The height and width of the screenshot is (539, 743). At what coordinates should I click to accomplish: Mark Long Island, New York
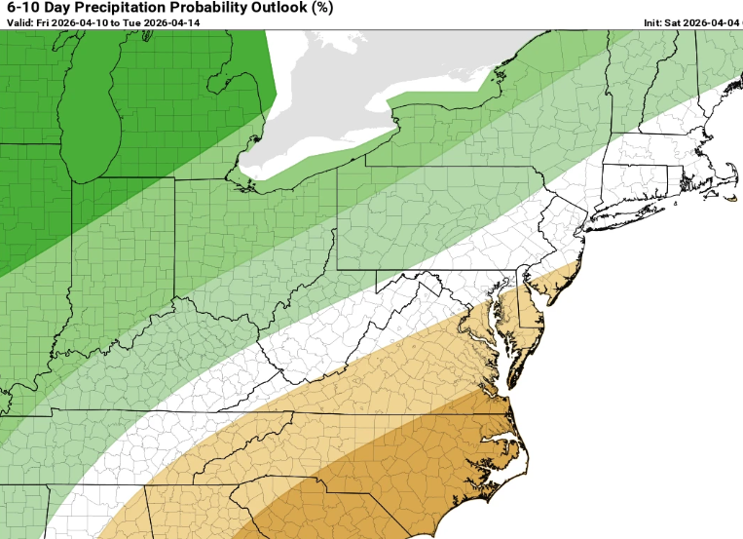click(633, 214)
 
